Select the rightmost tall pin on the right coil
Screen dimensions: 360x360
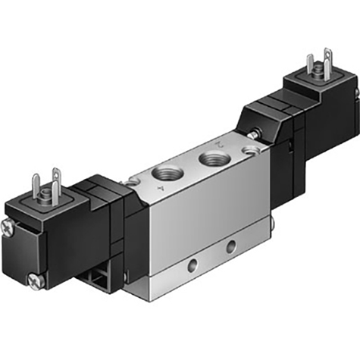327,58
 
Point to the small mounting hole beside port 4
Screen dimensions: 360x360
133,182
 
